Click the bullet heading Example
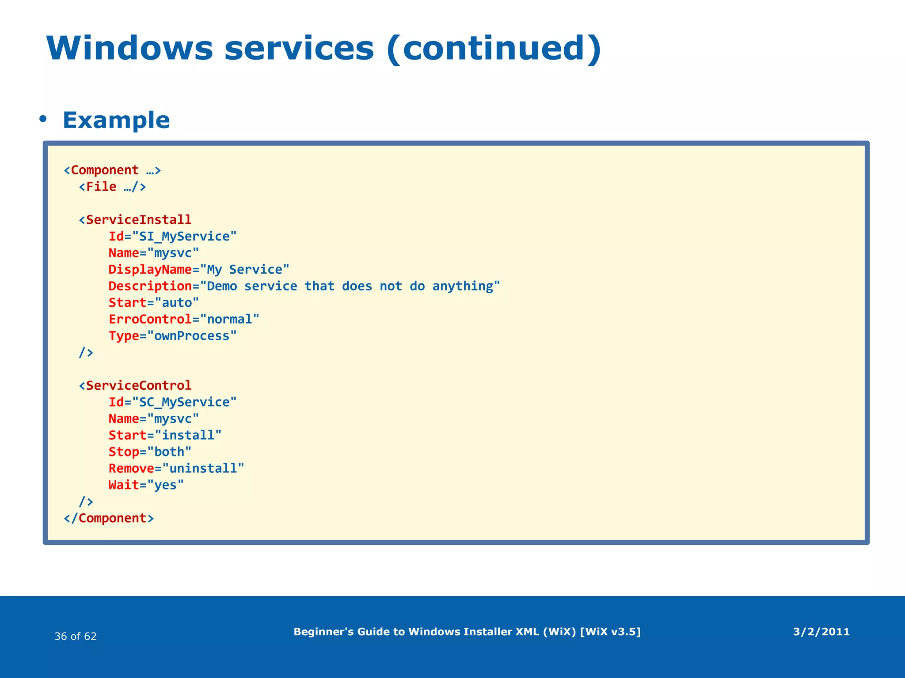116,120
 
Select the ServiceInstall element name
138,220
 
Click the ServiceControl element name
138,385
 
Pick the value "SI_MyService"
184,236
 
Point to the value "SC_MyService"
184,402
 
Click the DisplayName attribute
150,270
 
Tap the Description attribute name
150,286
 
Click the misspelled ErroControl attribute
150,319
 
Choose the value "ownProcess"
192,336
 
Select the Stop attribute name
124,452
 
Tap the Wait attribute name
124,485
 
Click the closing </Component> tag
109,518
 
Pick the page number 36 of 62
76,636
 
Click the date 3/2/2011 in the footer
821,632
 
